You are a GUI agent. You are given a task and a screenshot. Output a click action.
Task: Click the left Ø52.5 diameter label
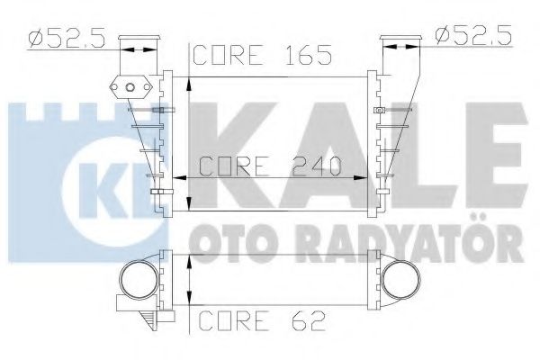click(63, 38)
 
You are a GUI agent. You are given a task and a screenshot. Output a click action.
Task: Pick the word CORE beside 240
click(231, 166)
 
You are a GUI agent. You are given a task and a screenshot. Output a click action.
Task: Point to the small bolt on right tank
click(381, 111)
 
